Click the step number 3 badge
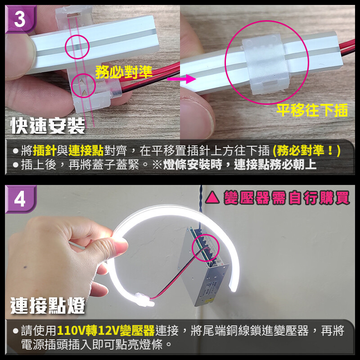[x=20, y=19]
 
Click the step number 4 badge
[x=20, y=199]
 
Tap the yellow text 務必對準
[x=124, y=72]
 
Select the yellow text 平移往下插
[x=312, y=110]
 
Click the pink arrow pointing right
[x=181, y=79]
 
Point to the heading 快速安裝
[x=48, y=126]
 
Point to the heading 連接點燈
[x=48, y=306]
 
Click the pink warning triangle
[x=212, y=198]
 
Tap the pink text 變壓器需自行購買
[x=287, y=198]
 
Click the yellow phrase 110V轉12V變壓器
[x=106, y=331]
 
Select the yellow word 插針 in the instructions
[x=45, y=151]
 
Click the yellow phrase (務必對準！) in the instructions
[x=306, y=151]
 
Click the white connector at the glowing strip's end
[x=145, y=300]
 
